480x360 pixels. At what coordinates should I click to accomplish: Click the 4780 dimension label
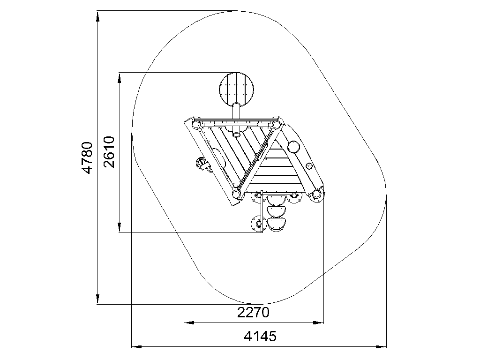pyautogui.click(x=87, y=157)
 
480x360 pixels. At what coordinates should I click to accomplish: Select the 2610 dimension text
pyautogui.click(x=109, y=152)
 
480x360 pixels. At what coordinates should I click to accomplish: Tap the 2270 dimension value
pyautogui.click(x=253, y=313)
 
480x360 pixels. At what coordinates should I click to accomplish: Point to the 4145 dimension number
pyautogui.click(x=260, y=336)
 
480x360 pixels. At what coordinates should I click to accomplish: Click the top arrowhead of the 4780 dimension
pyautogui.click(x=97, y=16)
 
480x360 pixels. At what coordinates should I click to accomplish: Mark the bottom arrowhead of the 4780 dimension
pyautogui.click(x=97, y=299)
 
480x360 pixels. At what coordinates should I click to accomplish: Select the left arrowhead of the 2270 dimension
pyautogui.click(x=189, y=322)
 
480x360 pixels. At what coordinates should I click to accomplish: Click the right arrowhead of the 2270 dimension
pyautogui.click(x=319, y=322)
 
